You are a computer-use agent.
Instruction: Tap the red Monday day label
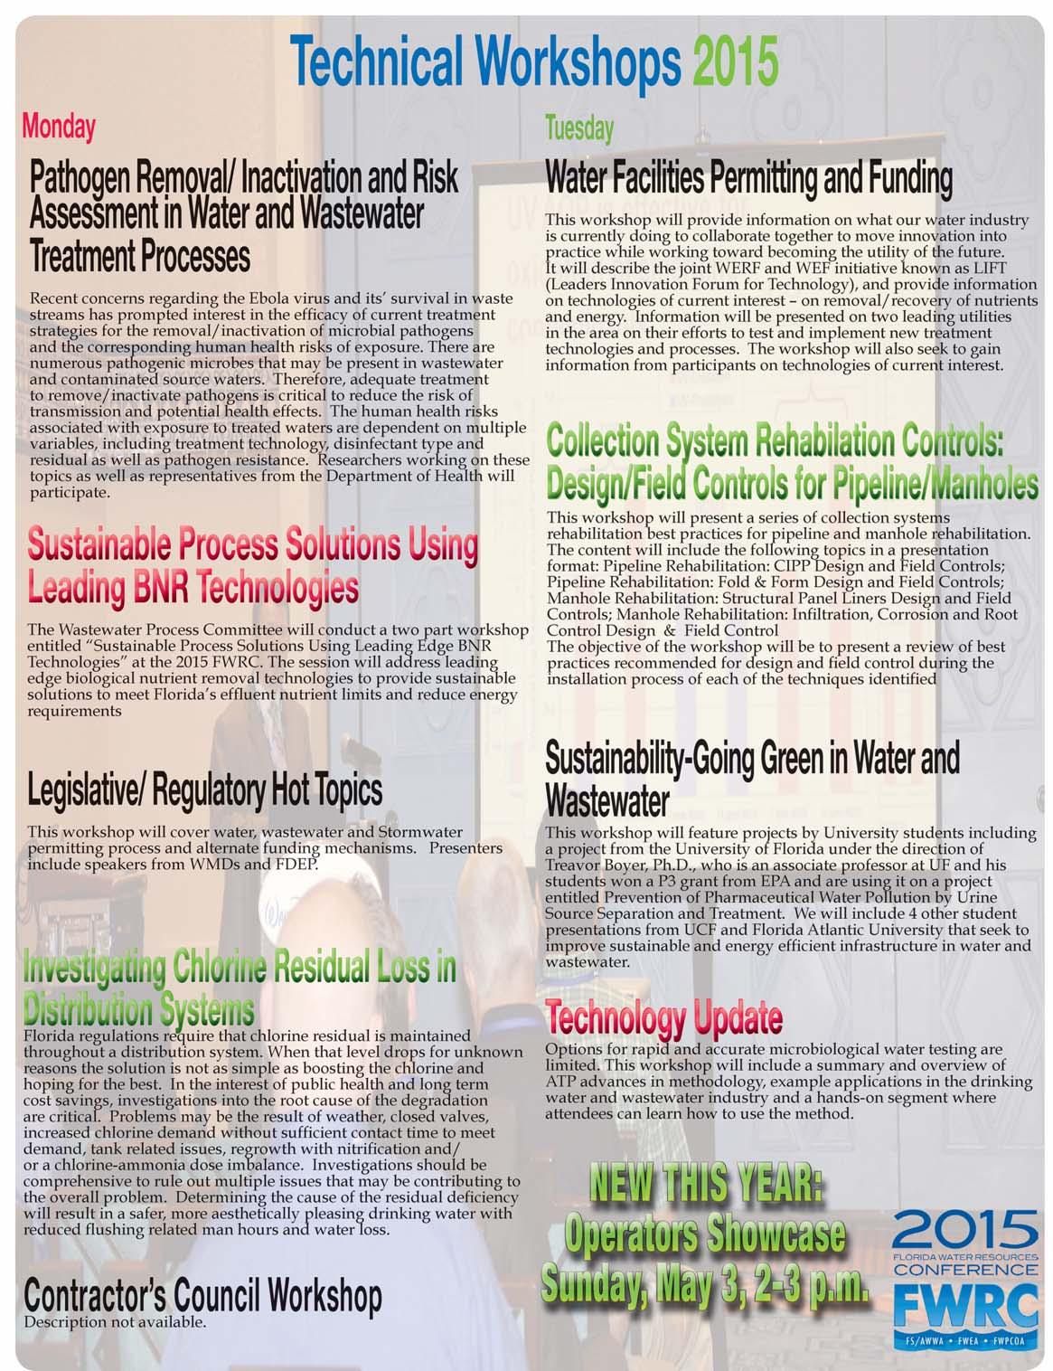[x=59, y=127]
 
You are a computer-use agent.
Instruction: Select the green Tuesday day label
[x=579, y=129]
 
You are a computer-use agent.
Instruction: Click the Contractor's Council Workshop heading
[x=202, y=1297]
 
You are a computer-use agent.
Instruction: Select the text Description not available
[x=115, y=1322]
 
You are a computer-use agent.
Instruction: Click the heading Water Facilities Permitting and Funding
[x=748, y=179]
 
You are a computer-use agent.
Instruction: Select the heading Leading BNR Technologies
[x=193, y=588]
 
